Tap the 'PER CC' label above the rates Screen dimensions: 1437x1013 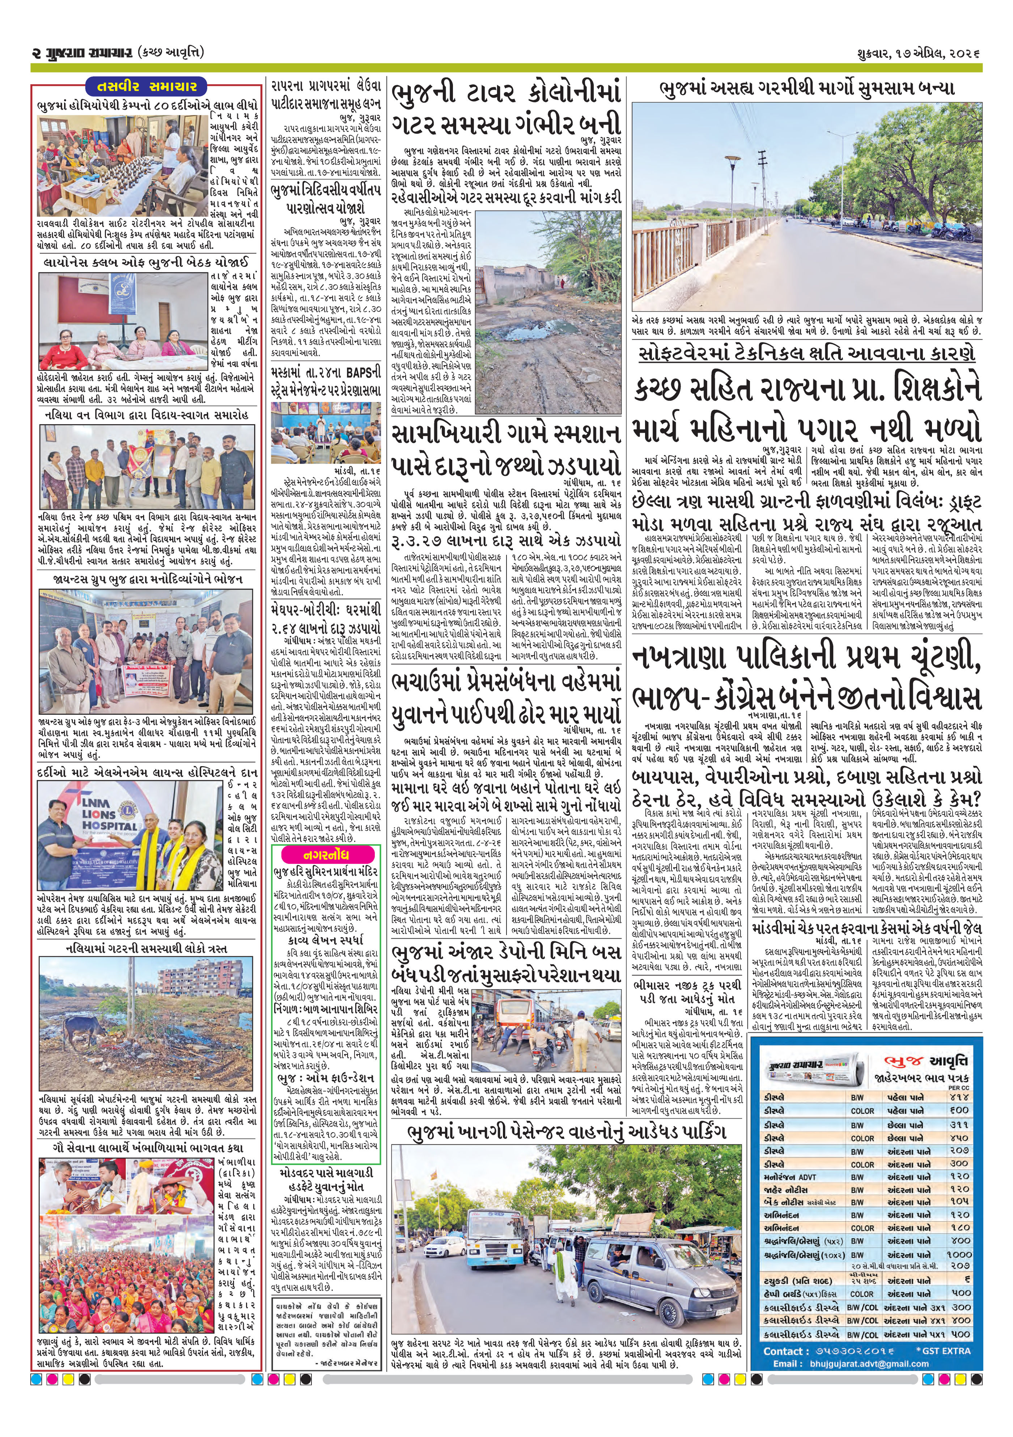click(x=958, y=1088)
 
